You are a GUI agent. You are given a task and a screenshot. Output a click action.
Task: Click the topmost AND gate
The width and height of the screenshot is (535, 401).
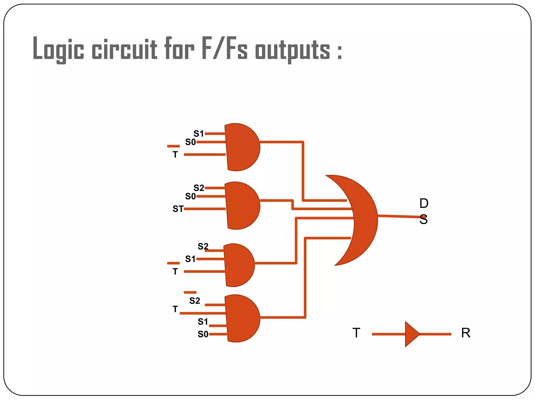point(242,147)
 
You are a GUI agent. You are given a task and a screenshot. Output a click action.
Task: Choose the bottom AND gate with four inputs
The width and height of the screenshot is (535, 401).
point(242,319)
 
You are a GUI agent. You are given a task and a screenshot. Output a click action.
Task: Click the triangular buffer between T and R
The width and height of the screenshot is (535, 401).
point(411,334)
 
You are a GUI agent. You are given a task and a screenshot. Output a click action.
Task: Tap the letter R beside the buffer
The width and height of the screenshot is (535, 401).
point(466,333)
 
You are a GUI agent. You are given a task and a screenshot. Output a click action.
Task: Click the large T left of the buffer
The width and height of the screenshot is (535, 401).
point(356,333)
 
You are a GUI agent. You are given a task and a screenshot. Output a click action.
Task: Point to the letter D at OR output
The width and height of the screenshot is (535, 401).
point(424,203)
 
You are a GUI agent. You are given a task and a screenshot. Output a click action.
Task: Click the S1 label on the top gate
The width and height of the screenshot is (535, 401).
point(199,134)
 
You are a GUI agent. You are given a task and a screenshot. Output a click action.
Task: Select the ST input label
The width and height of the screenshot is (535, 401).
point(178,209)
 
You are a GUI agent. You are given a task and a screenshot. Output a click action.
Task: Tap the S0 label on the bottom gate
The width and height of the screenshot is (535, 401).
point(203,334)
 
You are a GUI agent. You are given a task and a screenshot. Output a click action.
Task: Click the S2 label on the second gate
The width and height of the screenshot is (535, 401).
point(199,188)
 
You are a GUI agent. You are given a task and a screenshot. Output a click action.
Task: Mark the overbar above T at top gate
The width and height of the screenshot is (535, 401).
point(173,146)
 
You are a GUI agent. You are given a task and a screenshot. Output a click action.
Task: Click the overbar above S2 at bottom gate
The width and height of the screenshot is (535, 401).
point(190,292)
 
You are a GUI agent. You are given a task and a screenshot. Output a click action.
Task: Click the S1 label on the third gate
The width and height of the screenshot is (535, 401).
point(190,259)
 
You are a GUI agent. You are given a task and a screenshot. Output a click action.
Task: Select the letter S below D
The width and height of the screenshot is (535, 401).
point(423,220)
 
